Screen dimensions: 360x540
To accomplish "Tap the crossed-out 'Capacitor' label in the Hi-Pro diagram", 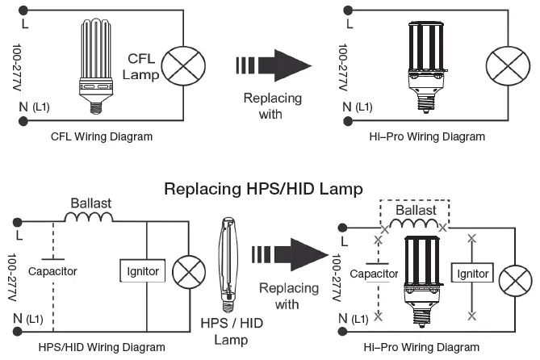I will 374,274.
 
